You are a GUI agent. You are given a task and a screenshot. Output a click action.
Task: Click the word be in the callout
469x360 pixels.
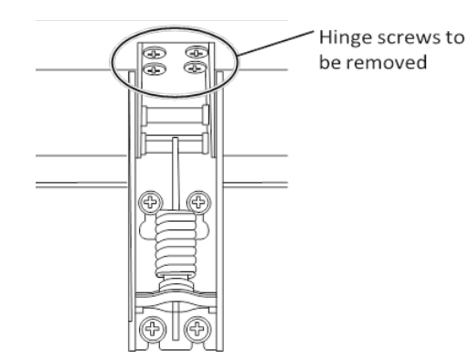click(331, 62)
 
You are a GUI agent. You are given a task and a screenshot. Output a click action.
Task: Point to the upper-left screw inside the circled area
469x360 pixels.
click(155, 53)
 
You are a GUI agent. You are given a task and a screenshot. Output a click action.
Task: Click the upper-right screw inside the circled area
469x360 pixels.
click(197, 52)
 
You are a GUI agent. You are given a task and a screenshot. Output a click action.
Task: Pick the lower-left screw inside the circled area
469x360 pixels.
click(155, 69)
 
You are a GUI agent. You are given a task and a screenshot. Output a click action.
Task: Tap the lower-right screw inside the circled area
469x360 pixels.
click(195, 68)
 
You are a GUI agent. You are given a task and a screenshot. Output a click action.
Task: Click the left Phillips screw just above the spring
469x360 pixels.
click(151, 202)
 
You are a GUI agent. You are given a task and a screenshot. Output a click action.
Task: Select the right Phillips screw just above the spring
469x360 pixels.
click(198, 202)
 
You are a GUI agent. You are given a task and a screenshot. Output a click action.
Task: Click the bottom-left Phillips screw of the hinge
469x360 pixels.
click(153, 329)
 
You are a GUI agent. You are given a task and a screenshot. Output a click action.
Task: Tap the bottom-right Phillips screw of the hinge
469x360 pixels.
click(197, 329)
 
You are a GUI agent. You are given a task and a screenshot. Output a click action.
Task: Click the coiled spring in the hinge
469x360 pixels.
click(176, 244)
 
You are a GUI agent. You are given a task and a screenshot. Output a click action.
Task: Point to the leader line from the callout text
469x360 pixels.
click(275, 43)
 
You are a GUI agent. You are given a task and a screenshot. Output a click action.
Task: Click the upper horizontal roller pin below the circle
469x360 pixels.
click(176, 115)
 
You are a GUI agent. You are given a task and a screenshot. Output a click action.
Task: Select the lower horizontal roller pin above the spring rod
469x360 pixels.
click(176, 143)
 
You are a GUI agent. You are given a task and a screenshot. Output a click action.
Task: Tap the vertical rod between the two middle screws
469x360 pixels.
click(176, 174)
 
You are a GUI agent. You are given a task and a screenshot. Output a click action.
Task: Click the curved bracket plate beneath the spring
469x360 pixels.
click(176, 300)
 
